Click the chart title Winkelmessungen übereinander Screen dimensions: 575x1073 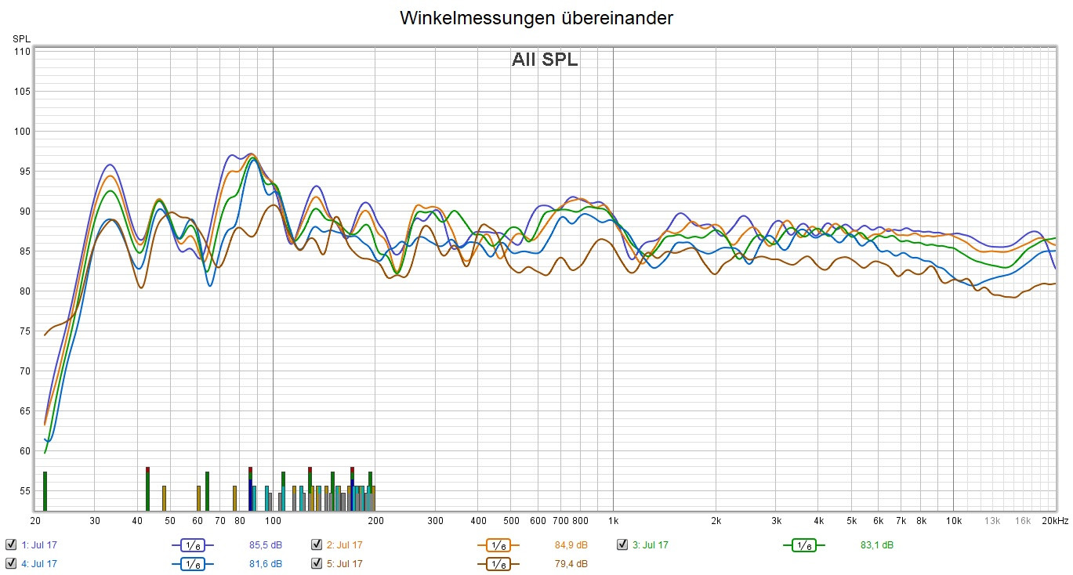(x=536, y=18)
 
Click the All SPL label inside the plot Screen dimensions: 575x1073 (x=545, y=60)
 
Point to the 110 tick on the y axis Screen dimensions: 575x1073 (x=21, y=52)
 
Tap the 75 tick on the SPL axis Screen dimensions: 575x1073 (x=21, y=331)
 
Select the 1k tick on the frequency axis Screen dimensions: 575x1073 (x=613, y=520)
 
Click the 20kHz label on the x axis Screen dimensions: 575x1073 (x=1055, y=520)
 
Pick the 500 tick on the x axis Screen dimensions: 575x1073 (x=511, y=520)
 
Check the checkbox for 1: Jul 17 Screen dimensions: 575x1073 (x=10, y=544)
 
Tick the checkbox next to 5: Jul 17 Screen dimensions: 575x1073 (x=317, y=563)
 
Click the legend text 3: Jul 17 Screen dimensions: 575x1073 (x=651, y=544)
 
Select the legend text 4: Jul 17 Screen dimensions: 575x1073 (x=39, y=563)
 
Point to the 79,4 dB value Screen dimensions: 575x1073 (x=571, y=563)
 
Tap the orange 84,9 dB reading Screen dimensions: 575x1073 (x=571, y=544)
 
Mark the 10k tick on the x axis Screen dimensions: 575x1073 (x=953, y=520)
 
